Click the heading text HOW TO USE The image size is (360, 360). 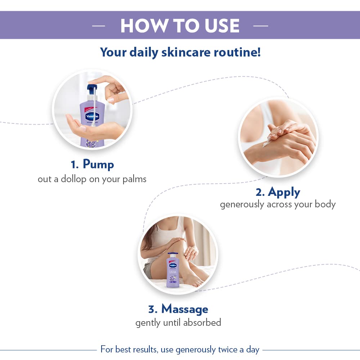(x=180, y=26)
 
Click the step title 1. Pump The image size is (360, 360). (x=92, y=165)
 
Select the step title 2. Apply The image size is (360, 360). (x=278, y=192)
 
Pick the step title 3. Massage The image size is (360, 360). (x=178, y=309)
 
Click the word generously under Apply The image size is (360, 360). (x=242, y=204)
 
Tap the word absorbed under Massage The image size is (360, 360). (x=202, y=322)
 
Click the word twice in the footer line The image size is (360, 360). (x=227, y=350)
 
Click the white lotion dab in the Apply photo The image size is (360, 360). (x=267, y=143)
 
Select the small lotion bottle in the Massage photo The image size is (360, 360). (x=172, y=270)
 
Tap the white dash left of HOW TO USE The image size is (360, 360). (x=98, y=26)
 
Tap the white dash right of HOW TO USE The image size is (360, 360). (x=261, y=26)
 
